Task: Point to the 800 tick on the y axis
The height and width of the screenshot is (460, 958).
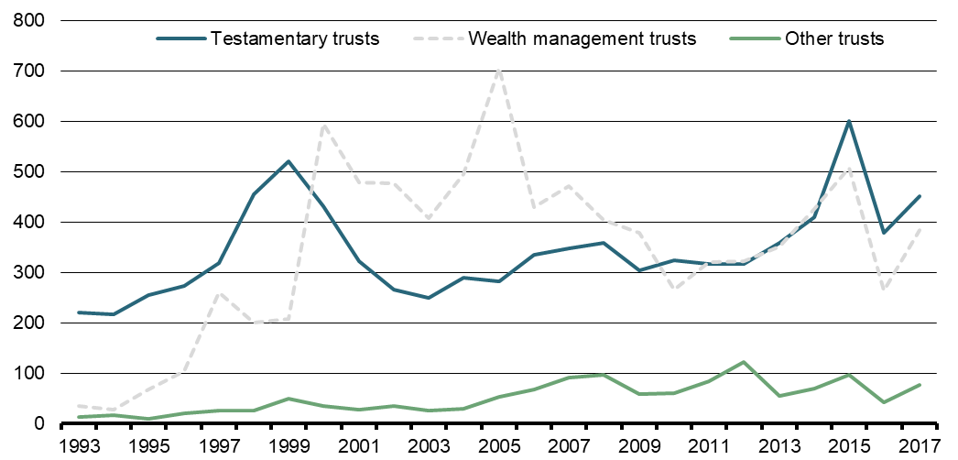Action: [36, 20]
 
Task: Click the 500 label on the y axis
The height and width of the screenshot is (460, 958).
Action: [36, 171]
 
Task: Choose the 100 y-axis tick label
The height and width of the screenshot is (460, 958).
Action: [36, 374]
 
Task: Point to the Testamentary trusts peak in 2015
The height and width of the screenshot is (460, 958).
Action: [850, 121]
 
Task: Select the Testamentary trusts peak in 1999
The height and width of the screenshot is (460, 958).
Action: [288, 161]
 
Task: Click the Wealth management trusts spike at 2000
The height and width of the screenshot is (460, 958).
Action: [324, 126]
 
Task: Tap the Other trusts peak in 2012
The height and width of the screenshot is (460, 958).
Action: [744, 362]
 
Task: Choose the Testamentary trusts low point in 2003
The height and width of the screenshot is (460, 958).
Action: [429, 298]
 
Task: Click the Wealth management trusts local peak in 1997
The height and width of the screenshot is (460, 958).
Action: [219, 293]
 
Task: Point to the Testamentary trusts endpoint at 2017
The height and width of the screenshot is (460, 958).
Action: [920, 196]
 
